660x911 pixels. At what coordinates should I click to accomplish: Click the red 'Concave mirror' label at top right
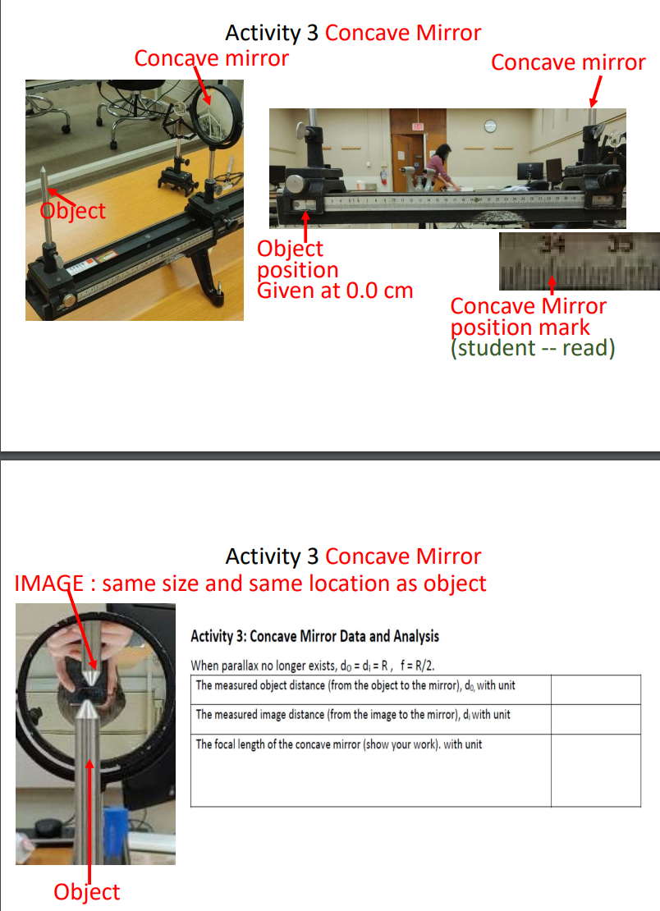[x=568, y=62]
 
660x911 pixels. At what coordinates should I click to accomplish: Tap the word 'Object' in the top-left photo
[x=74, y=210]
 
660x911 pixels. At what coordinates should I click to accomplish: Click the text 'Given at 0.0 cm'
[x=335, y=291]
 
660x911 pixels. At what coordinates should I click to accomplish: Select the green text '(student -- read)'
[x=533, y=348]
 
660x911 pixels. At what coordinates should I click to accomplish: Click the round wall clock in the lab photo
[x=490, y=126]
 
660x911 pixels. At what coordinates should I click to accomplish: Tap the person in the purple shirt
[x=440, y=163]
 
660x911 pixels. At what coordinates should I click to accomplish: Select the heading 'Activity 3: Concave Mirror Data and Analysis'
[x=314, y=636]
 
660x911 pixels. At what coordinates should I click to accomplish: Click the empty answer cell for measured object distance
[x=595, y=689]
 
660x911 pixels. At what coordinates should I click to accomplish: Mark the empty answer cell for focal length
[x=595, y=768]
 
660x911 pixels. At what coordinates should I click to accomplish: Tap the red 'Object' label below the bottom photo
[x=87, y=891]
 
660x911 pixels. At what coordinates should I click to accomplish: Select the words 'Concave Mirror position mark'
[x=528, y=317]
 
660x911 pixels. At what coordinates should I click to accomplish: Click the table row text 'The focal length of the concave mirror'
[x=338, y=744]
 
